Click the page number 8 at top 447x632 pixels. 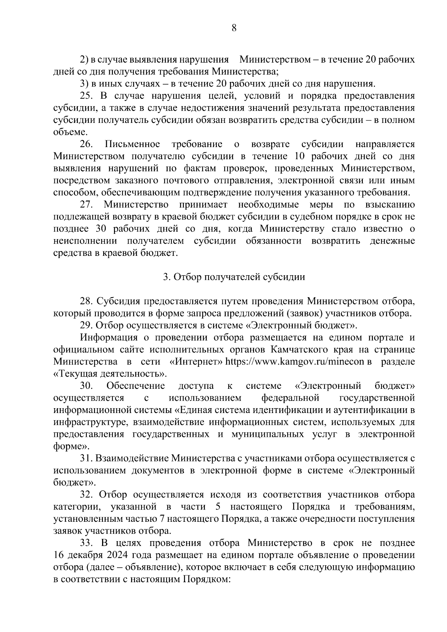(x=234, y=28)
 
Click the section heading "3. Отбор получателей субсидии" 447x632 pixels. (x=234, y=277)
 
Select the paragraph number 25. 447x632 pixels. (x=86, y=96)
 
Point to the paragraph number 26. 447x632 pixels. (x=86, y=144)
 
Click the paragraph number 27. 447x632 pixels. (x=86, y=204)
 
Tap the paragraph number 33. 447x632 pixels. (x=86, y=543)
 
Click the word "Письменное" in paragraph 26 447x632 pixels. (x=133, y=144)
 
